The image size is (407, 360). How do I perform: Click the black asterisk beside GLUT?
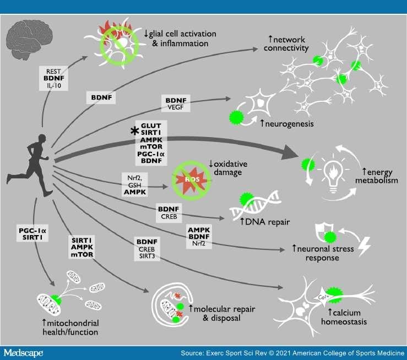[133, 130]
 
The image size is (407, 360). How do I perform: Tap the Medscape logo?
[25, 351]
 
